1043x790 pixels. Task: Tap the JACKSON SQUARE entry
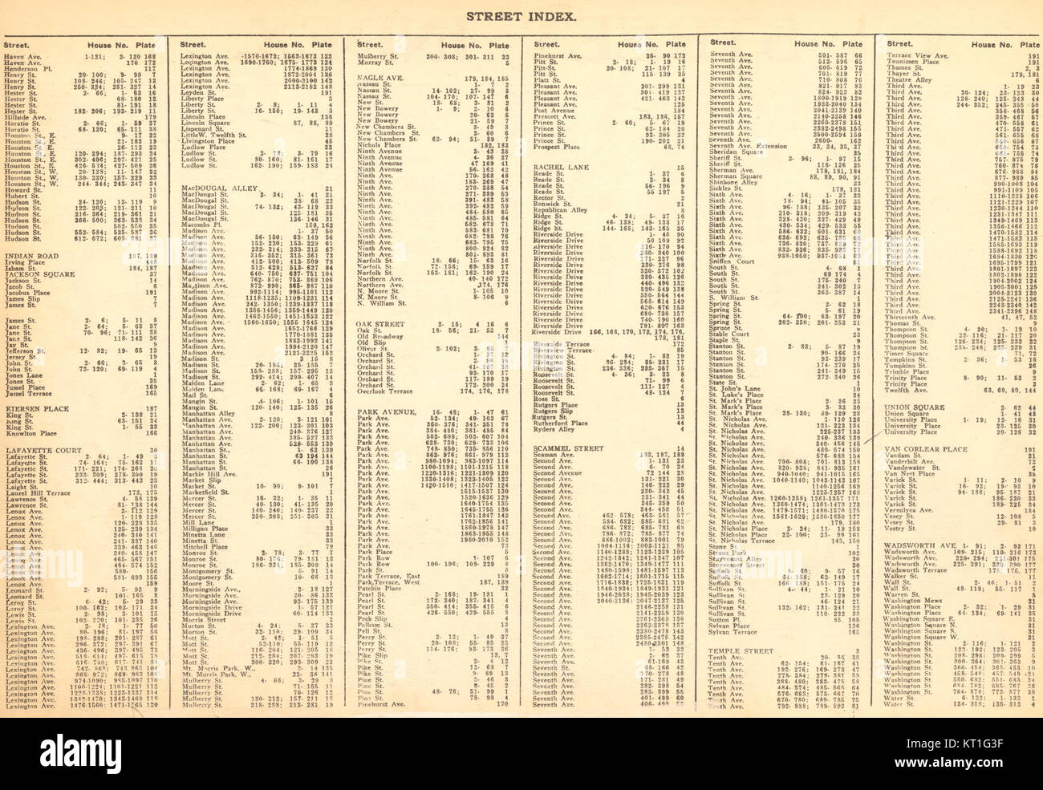(37, 274)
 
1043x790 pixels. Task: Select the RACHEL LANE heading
(558, 167)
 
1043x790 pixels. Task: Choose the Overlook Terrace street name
(385, 392)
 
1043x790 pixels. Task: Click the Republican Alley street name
(561, 209)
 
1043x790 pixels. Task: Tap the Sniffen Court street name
(729, 261)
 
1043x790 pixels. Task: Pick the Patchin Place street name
(380, 586)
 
